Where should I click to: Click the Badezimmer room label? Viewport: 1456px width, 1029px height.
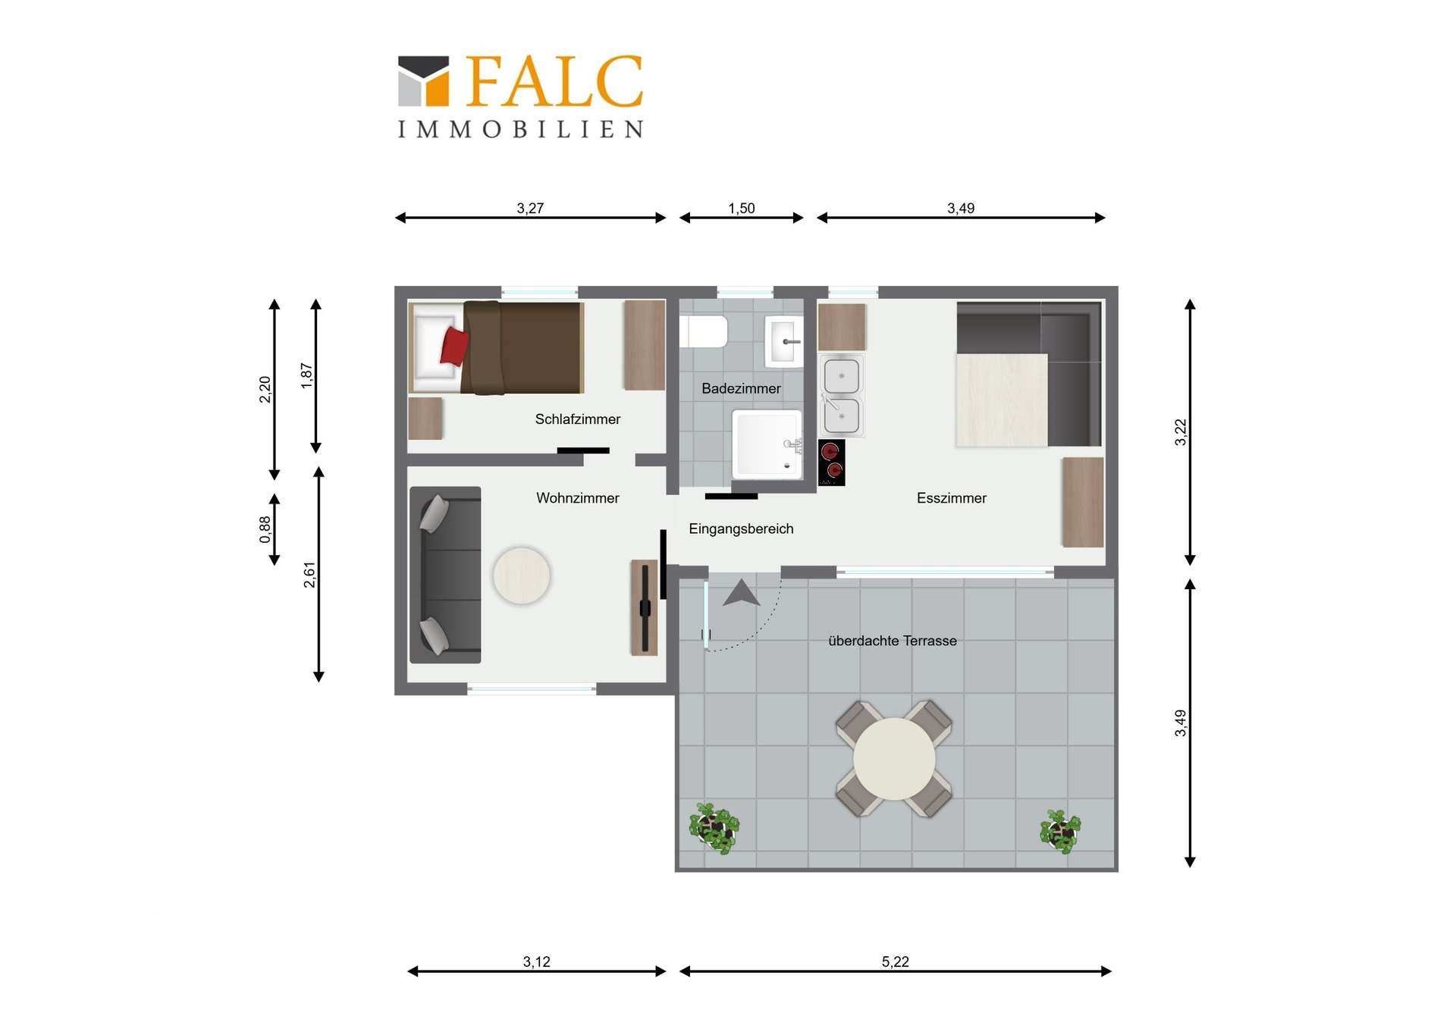click(x=741, y=388)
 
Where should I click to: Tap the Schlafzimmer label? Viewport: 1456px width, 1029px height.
click(x=578, y=419)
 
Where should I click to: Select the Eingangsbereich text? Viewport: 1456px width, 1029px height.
click(x=741, y=529)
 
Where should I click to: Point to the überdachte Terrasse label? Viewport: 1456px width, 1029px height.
click(x=893, y=641)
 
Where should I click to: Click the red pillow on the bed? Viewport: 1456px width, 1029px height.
click(x=454, y=347)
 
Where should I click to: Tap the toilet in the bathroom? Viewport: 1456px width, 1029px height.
click(x=704, y=331)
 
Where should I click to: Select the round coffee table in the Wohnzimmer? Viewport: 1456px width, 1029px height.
click(x=522, y=576)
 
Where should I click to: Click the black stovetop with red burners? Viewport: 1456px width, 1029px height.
click(x=831, y=463)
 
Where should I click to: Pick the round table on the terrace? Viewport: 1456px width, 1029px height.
click(x=895, y=759)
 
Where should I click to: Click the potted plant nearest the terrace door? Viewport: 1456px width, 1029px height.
click(x=714, y=828)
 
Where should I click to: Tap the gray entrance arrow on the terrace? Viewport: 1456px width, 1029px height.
click(x=741, y=593)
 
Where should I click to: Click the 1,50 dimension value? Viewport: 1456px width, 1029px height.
click(x=742, y=208)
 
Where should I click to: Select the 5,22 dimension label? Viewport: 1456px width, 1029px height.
click(x=896, y=962)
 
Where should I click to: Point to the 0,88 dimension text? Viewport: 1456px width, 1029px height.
click(x=265, y=530)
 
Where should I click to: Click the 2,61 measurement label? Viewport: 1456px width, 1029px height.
click(x=309, y=575)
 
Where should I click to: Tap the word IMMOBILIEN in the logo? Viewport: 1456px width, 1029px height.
click(x=521, y=129)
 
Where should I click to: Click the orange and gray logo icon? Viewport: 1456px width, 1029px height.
click(x=424, y=80)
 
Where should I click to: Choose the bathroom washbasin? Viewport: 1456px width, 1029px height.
click(x=783, y=342)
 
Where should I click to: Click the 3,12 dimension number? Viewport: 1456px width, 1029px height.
click(x=537, y=962)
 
